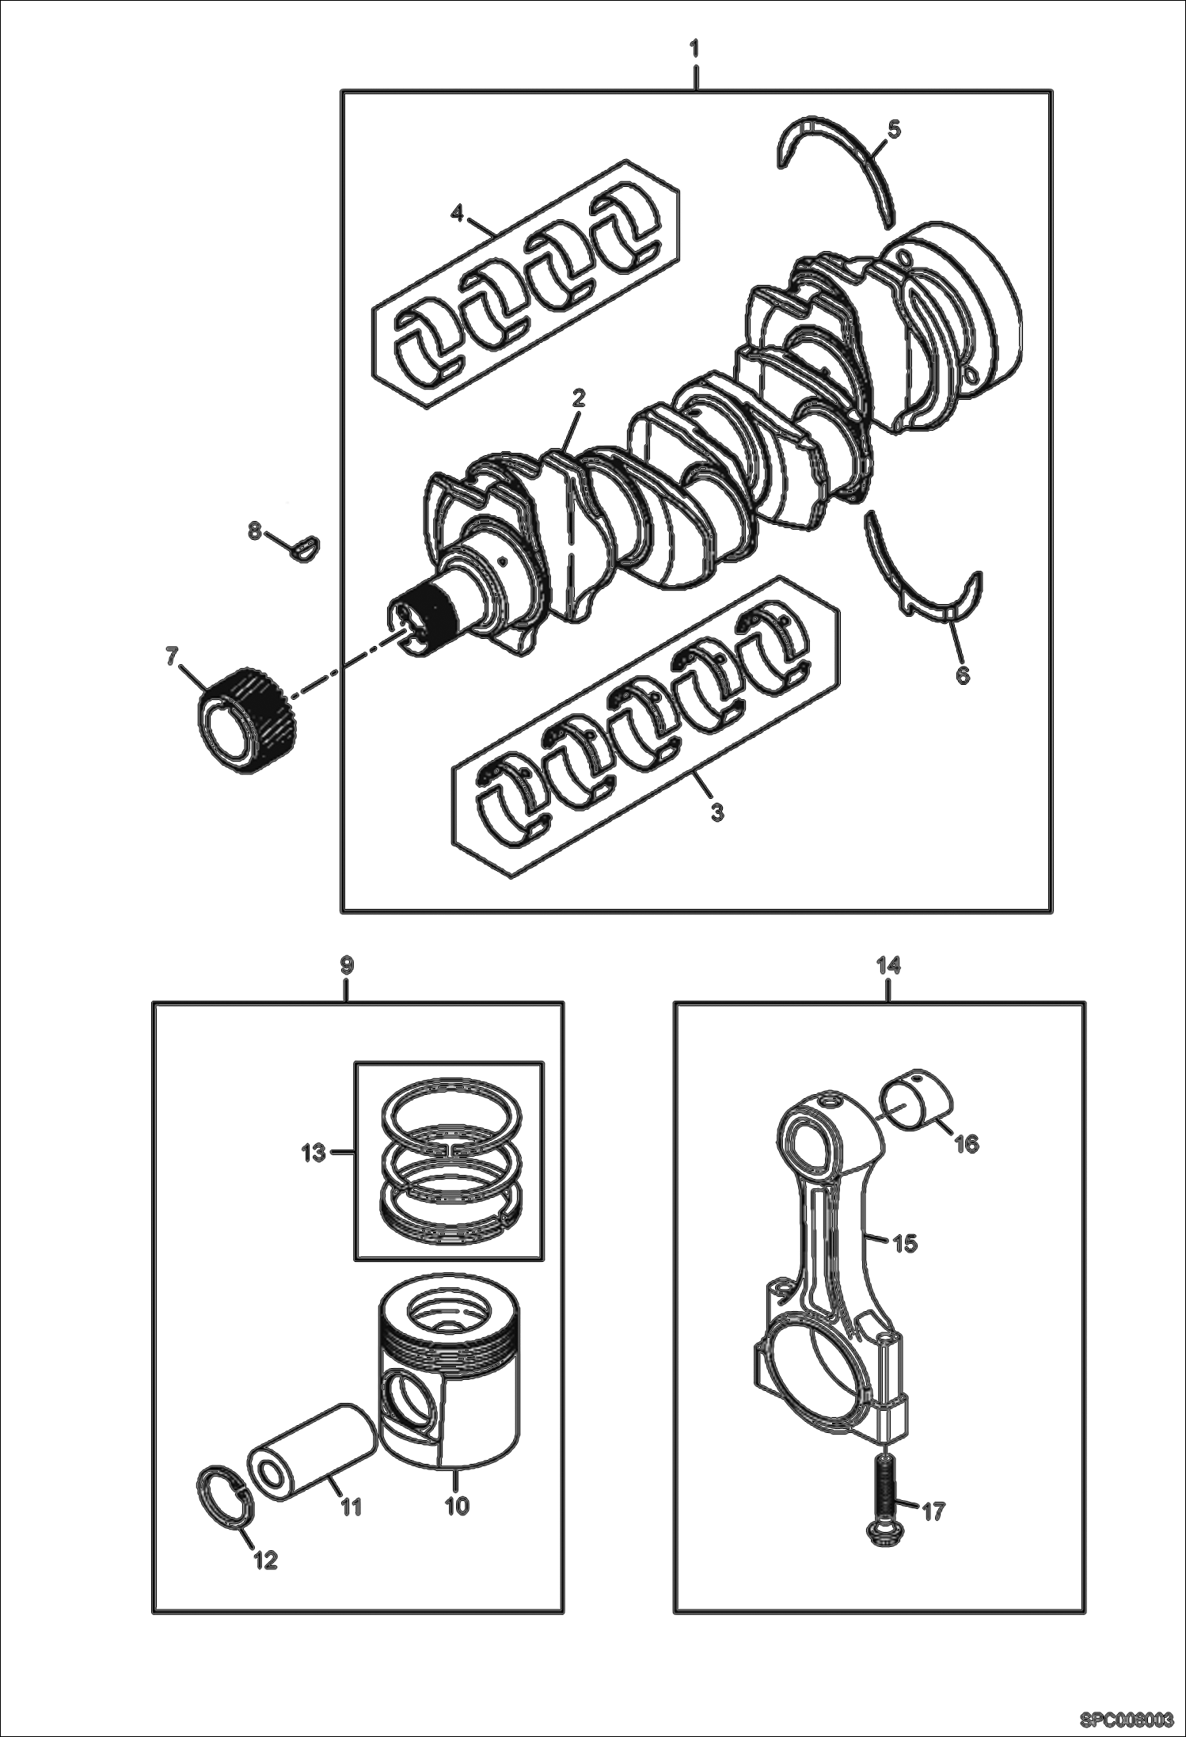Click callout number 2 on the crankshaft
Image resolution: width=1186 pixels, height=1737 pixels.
[578, 398]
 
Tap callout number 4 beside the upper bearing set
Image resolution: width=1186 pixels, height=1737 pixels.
[457, 212]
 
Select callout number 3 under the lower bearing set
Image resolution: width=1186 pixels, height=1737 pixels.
[717, 812]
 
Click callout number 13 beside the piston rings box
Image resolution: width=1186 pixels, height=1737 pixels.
[314, 1153]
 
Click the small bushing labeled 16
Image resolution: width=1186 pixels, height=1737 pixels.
[918, 1098]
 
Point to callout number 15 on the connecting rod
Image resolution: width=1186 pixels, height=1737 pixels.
[905, 1244]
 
